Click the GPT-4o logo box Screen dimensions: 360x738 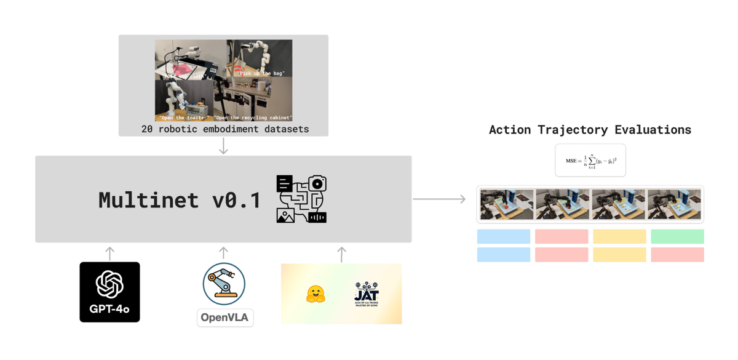[x=109, y=292]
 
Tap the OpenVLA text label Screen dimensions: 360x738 [x=225, y=318]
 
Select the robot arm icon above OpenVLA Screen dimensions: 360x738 [x=224, y=283]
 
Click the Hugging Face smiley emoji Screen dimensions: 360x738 [x=315, y=294]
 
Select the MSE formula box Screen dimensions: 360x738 [x=590, y=161]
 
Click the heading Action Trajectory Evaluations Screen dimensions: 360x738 [x=590, y=130]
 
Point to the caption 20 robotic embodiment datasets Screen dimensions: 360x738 [x=223, y=129]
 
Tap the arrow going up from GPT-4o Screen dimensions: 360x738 [x=109, y=252]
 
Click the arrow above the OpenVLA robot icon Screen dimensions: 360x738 [x=224, y=252]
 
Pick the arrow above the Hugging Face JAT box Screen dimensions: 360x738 [x=342, y=252]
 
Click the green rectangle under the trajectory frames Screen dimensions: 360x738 [x=677, y=236]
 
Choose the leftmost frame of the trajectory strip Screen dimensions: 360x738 [x=507, y=204]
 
